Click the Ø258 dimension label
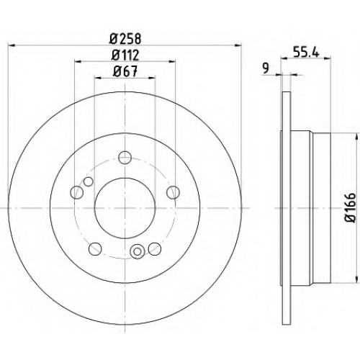[125, 39]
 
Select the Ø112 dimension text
[125, 55]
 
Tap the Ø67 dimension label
[125, 71]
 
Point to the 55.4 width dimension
[306, 52]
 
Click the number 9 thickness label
[266, 68]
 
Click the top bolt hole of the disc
[125, 158]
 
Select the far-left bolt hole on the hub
[77, 192]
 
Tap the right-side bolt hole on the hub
[173, 192]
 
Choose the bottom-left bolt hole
[95, 249]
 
